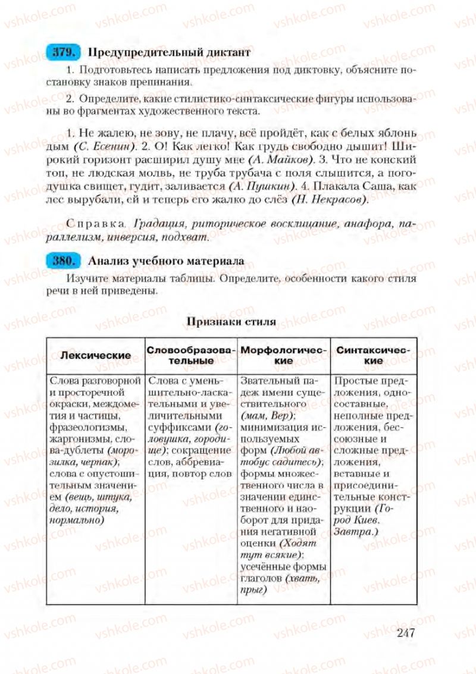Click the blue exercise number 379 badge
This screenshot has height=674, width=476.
point(61,52)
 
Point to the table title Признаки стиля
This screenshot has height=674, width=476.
point(231,322)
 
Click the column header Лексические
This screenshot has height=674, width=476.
point(96,355)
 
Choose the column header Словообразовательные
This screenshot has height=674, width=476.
point(191,355)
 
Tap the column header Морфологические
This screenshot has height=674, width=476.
point(283,355)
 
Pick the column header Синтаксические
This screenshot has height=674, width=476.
point(373,355)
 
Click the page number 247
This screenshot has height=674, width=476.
point(404,632)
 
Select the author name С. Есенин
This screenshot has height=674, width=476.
point(102,146)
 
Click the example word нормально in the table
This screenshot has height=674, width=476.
point(77,520)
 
